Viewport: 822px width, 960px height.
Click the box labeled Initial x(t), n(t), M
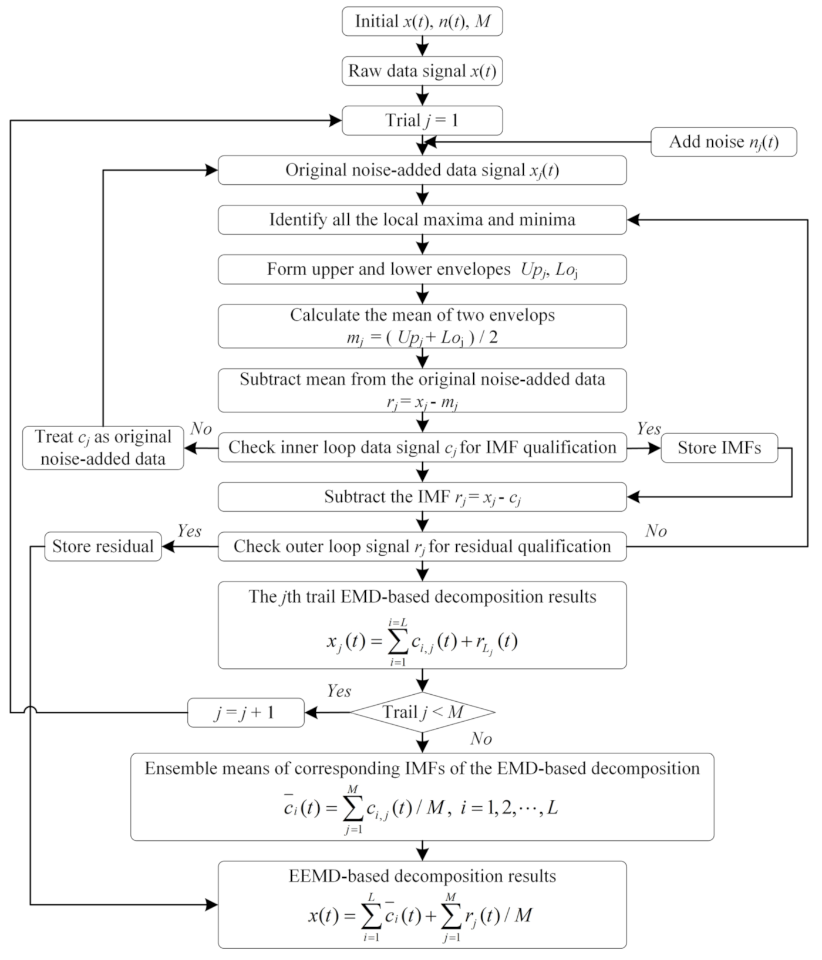point(422,22)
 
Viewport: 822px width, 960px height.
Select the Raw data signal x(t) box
point(422,71)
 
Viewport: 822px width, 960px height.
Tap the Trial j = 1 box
point(422,120)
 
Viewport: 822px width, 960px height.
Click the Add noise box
point(723,142)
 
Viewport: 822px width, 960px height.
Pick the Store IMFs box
point(719,448)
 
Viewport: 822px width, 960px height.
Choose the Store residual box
point(103,546)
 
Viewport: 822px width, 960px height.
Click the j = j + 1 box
point(245,712)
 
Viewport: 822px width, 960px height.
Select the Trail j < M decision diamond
point(423,712)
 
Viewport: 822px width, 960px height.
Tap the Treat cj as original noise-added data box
point(103,448)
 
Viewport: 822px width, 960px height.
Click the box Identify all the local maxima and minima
point(422,219)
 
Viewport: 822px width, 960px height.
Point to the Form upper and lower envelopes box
point(422,269)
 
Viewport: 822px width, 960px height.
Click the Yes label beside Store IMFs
point(649,429)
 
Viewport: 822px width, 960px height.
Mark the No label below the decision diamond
point(481,739)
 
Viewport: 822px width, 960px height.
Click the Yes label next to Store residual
point(189,531)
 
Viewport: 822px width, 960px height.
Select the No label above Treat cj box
point(201,429)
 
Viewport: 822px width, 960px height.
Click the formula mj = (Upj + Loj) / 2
point(422,339)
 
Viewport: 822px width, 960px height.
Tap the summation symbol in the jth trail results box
point(399,643)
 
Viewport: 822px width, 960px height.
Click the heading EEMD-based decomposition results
point(422,876)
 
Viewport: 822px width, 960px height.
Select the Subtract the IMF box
point(422,497)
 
